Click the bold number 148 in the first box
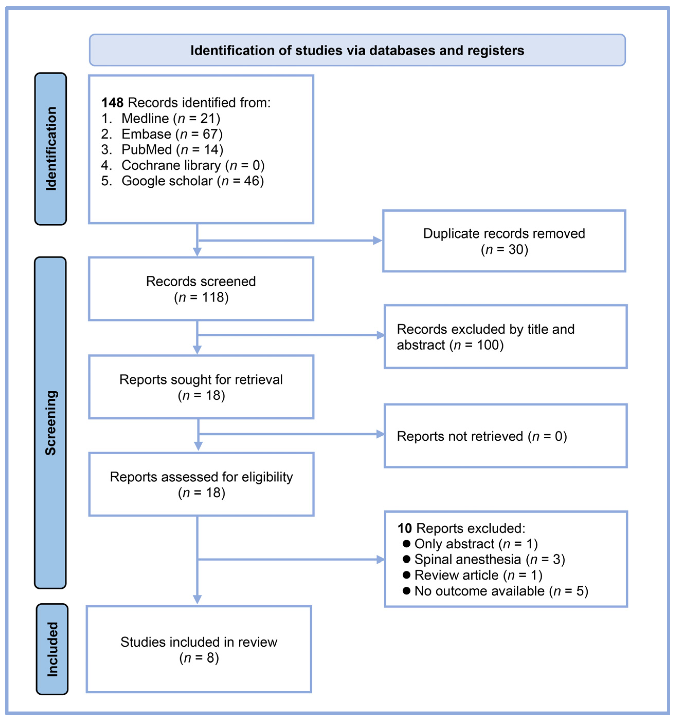click(112, 103)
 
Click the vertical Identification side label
click(51, 148)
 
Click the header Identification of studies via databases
click(357, 50)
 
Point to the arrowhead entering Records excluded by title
click(380, 335)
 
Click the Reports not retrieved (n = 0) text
click(481, 436)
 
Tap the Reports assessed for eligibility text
click(201, 485)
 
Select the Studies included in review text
click(199, 650)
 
